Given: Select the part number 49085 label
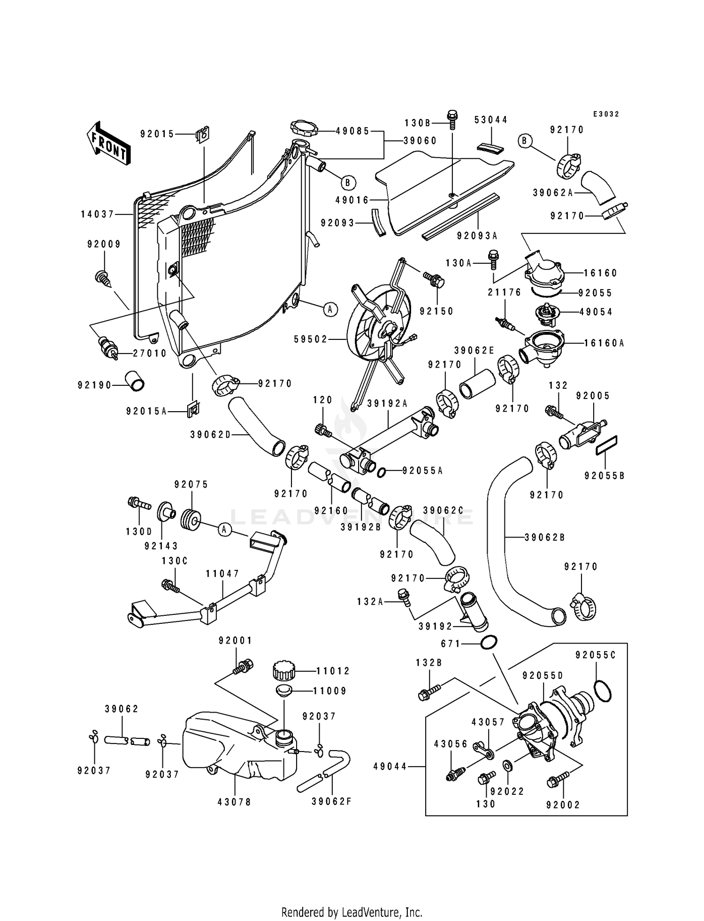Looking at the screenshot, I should pos(352,131).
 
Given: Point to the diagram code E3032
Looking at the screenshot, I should pos(606,114).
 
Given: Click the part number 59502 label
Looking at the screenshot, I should pos(310,339).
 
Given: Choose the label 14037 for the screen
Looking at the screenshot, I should pos(98,214).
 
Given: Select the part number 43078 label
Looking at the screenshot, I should pos(234,802).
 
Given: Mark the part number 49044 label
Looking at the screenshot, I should pos(390,767).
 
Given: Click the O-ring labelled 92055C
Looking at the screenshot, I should pos(603,691).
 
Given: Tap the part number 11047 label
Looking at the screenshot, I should pos(222,574).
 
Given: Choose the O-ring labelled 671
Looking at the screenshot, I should pos(489,643).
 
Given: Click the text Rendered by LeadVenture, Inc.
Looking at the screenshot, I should pos(352,912).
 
